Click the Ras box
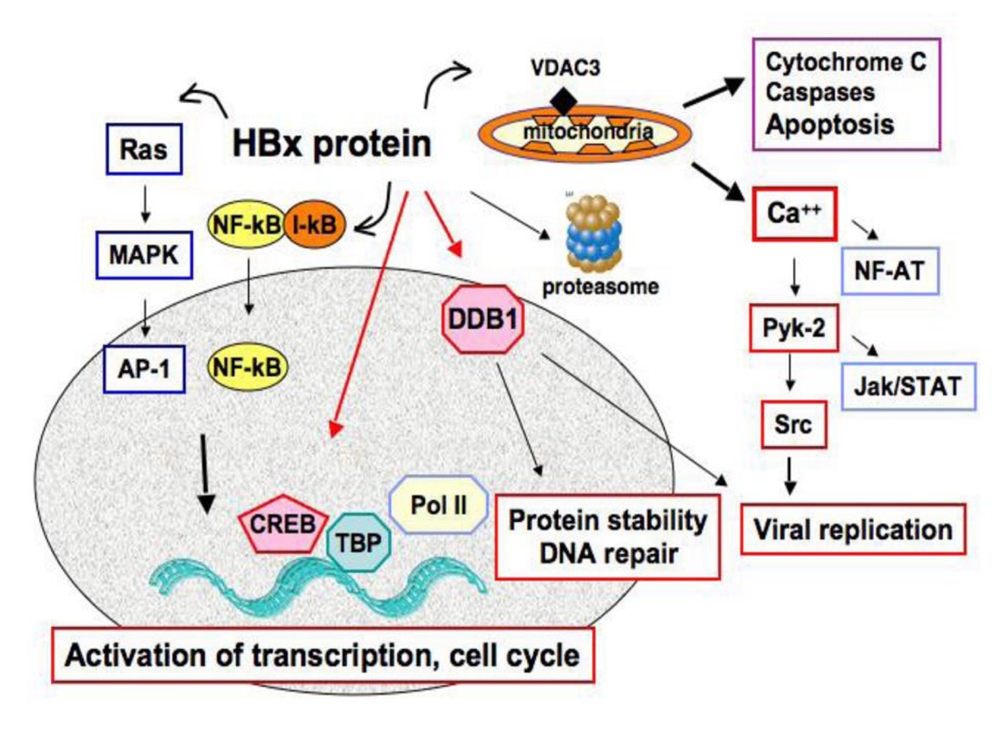144,150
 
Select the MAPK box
144,255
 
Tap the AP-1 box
144,369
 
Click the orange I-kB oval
314,225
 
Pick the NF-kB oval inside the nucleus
247,368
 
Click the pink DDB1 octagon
483,319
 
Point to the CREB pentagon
283,524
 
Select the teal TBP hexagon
358,542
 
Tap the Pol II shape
439,505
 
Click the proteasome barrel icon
594,235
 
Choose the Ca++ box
794,214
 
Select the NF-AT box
889,270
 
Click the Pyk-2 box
793,328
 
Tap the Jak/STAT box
908,386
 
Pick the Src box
793,425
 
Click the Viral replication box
852,529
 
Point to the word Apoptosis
830,124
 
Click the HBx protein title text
331,144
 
